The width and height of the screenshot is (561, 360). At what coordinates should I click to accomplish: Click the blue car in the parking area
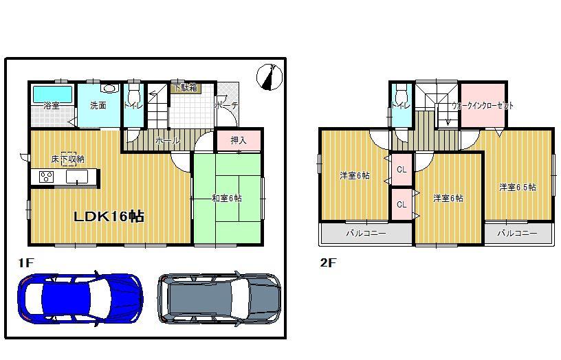[x=80, y=298]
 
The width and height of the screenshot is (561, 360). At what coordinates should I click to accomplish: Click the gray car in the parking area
[x=219, y=298]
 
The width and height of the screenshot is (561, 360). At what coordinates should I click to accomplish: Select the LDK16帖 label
[x=109, y=216]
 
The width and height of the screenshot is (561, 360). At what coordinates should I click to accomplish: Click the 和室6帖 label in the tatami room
[x=226, y=199]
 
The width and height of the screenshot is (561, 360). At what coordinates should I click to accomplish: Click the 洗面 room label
[x=98, y=106]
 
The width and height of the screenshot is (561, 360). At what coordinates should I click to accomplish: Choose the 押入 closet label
[x=238, y=140]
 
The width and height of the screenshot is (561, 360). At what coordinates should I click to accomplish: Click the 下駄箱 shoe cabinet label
[x=184, y=88]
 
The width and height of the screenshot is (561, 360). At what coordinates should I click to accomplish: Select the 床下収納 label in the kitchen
[x=67, y=159]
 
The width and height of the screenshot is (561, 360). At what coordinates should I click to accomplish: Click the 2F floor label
[x=327, y=262]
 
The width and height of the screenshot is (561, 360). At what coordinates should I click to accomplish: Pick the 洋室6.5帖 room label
[x=517, y=187]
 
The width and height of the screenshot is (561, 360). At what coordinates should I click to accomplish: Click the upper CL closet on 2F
[x=401, y=169]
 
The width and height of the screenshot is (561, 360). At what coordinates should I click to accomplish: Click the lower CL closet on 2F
[x=401, y=204]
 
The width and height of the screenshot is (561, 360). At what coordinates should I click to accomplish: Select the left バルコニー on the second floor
[x=364, y=234]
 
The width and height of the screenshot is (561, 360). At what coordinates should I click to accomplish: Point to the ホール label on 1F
[x=168, y=140]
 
